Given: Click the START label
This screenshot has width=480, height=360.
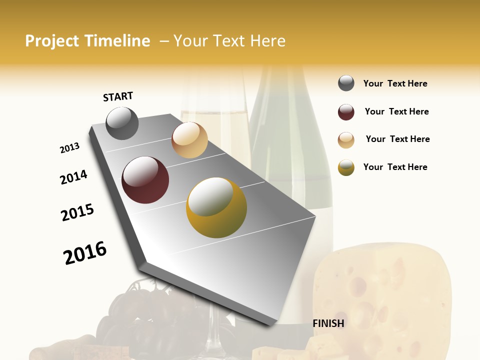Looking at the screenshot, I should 118,96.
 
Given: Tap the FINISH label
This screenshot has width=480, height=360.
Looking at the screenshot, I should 328,323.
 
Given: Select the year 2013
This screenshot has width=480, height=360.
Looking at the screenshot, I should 69,148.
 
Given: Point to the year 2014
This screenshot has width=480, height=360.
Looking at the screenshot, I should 73,177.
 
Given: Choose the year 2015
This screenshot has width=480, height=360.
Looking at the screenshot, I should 77,212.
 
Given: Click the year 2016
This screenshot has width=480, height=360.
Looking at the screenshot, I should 85,253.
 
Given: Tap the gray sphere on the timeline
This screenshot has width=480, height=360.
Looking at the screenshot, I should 122,123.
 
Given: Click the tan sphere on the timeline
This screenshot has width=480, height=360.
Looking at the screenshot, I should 189,140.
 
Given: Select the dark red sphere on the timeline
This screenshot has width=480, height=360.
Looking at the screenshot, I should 145,180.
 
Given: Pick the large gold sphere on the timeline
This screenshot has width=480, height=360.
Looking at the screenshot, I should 216,207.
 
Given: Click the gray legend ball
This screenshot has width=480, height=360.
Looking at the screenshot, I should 346,83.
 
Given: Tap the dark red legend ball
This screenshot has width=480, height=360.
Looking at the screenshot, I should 346,112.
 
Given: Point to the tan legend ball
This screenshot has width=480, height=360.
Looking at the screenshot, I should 346,140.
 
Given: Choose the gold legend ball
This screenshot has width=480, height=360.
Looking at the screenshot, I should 346,167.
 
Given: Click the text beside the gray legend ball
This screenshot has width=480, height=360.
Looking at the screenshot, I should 395,83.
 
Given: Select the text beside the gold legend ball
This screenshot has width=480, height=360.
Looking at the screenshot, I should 395,167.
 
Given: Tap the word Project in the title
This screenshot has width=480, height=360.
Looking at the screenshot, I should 52,41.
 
